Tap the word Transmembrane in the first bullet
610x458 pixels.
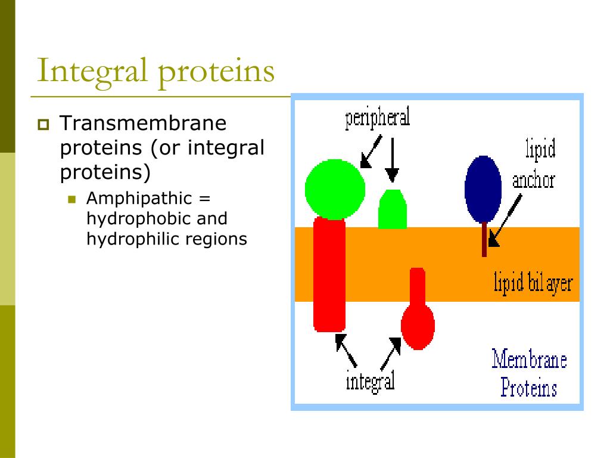point(143,124)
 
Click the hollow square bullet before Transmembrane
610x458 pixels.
point(43,125)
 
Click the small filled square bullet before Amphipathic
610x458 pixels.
point(73,199)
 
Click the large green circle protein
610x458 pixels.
point(335,189)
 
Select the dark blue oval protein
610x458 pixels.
point(483,189)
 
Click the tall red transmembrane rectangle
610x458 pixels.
point(329,274)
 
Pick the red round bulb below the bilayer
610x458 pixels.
point(418,325)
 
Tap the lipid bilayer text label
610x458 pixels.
point(533,283)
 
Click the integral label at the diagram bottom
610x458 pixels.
point(370,380)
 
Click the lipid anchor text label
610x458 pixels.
point(534,165)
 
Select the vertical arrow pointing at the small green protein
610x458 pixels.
point(391,158)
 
